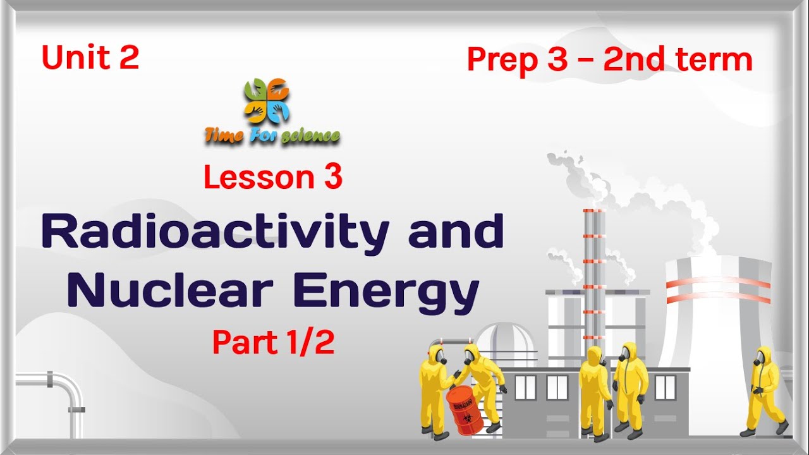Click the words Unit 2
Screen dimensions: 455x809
(90, 58)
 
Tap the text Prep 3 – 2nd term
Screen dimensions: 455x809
(609, 59)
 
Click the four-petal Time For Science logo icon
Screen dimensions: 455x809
(267, 101)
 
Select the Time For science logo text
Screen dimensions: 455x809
(272, 135)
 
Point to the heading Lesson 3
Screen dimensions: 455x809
(272, 178)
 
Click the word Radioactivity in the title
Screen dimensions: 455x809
(214, 232)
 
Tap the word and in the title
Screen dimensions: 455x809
(456, 232)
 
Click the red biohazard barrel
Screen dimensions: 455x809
(465, 410)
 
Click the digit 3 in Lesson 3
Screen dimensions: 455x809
(332, 178)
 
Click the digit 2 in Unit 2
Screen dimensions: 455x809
(128, 58)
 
